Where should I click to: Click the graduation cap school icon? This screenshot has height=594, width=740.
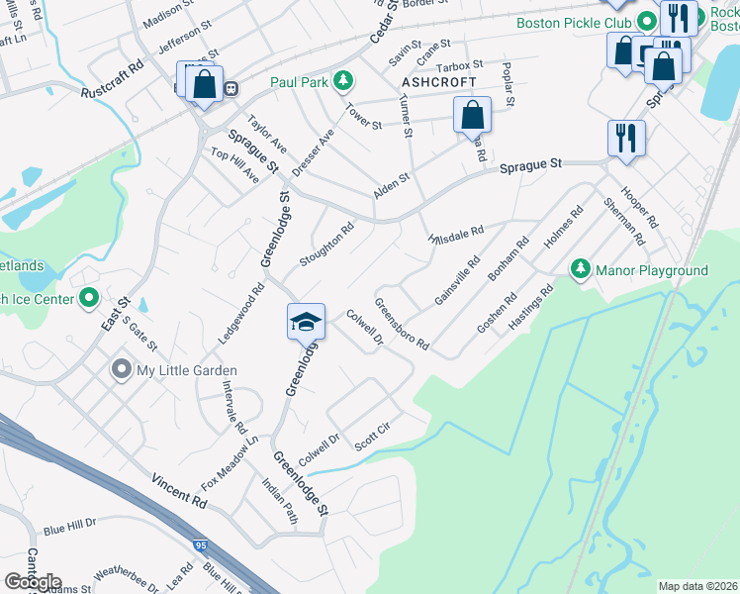click(x=307, y=321)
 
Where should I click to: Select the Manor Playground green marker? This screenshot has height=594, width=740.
click(x=581, y=269)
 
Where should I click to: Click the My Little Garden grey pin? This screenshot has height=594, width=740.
click(x=122, y=370)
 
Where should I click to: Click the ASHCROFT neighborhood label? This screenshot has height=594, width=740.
click(x=439, y=81)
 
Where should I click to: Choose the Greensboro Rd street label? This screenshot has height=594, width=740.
click(x=402, y=324)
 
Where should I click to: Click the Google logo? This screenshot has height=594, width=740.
click(x=33, y=582)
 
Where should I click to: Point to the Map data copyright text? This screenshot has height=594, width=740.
click(x=697, y=586)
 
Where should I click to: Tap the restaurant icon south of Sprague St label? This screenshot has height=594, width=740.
click(x=626, y=138)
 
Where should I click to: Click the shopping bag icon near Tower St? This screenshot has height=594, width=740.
click(x=473, y=116)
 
